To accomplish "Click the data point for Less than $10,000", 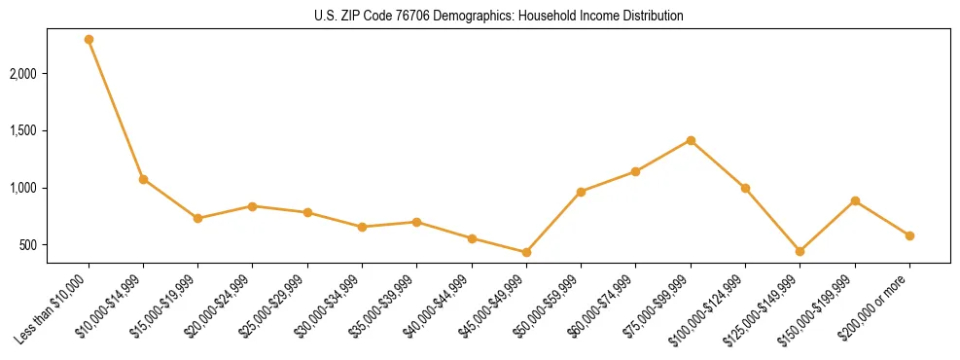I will coord(89,40).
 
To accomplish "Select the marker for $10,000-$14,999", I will coord(143,179).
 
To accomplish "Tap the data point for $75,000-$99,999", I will coord(691,140).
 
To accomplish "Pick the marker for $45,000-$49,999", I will coord(526,252).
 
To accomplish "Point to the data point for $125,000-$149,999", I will coord(800,251).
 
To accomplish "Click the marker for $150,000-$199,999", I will coord(855,200).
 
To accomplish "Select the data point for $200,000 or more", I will coord(909,235).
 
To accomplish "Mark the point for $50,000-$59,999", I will coord(581,192).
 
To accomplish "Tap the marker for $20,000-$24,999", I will coord(253,206).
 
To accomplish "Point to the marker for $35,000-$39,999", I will coord(416,222).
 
